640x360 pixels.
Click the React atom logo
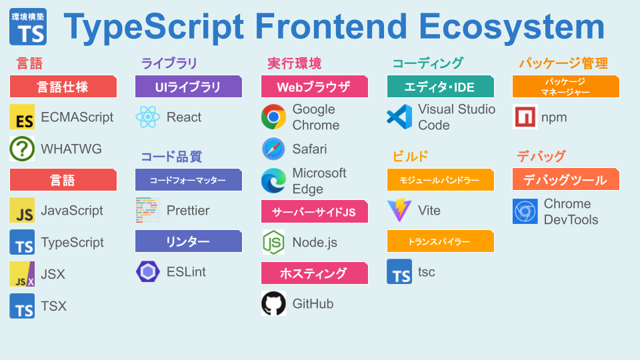[x=148, y=117]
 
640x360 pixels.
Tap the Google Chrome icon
[x=273, y=117]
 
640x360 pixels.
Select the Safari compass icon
[x=273, y=149]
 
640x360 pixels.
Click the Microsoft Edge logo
[x=273, y=181]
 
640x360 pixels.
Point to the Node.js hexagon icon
[x=273, y=242]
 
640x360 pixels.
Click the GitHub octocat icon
[x=273, y=303]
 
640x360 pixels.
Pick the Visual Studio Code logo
[x=399, y=117]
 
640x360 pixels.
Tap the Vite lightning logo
[x=399, y=210]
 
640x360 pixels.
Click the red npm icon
[x=525, y=117]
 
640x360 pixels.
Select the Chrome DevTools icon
[x=525, y=211]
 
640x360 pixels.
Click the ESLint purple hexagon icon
[x=148, y=272]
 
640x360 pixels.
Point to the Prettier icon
[x=148, y=210]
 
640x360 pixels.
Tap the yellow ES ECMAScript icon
[x=22, y=117]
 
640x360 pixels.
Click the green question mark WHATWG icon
[x=22, y=149]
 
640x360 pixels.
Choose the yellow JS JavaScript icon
[x=22, y=210]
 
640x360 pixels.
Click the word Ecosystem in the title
[x=511, y=27]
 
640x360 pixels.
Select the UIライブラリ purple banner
[x=189, y=87]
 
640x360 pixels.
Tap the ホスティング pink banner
[x=314, y=273]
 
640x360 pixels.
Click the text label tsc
[x=427, y=272]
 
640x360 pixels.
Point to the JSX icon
[x=22, y=274]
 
